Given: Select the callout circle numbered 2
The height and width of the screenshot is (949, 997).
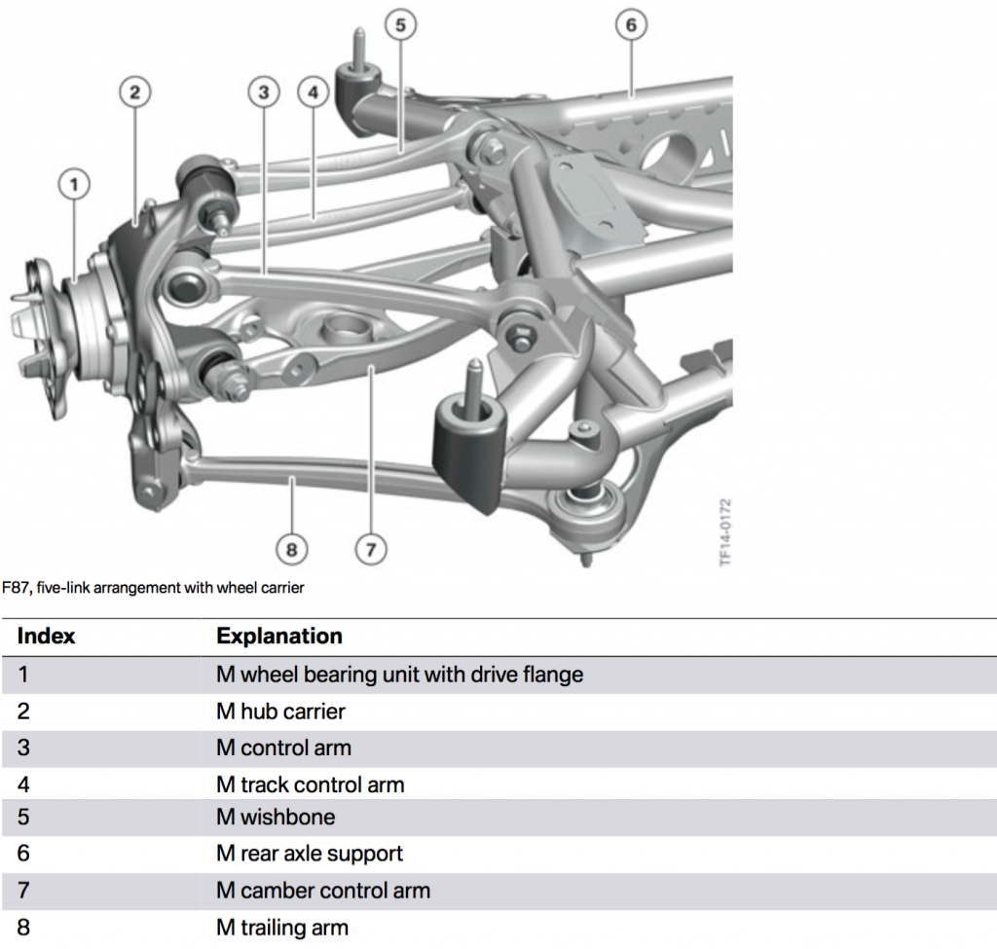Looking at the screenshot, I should (135, 92).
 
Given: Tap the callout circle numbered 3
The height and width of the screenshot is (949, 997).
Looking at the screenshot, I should (263, 92).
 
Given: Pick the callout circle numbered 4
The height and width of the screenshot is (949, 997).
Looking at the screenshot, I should (312, 92).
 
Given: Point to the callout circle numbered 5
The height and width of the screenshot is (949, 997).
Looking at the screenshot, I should (401, 24).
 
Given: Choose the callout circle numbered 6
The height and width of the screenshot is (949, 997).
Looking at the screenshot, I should (631, 24).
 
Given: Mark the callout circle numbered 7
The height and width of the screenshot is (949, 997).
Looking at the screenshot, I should (370, 549).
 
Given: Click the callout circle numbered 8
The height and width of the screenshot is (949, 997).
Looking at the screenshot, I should (291, 549).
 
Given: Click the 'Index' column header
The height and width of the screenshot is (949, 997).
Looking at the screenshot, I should (47, 637).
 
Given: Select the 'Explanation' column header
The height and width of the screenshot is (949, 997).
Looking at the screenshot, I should (279, 637).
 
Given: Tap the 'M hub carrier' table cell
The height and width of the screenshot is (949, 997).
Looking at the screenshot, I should (280, 712).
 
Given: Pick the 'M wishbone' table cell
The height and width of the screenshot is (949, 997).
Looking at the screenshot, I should (276, 819).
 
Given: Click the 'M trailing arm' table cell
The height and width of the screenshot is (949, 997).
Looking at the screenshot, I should (282, 927).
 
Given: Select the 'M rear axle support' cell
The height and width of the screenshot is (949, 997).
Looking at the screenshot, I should (310, 855).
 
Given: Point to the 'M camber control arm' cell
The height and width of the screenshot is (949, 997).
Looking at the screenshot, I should (323, 891).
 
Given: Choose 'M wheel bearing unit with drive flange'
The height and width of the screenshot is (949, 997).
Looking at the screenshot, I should (399, 675).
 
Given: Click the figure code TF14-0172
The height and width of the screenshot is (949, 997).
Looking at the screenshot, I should (725, 532).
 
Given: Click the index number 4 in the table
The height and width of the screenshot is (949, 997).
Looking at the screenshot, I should (23, 784).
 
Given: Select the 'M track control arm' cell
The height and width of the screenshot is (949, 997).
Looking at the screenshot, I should (310, 784).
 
